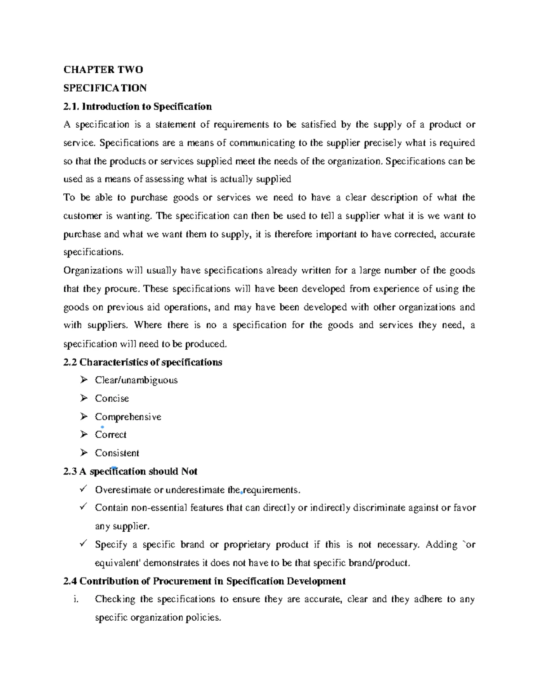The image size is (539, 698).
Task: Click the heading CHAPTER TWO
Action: coord(103,70)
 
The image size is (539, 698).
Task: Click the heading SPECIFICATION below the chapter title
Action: coord(105,88)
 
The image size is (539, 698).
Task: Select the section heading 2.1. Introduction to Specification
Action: coord(137,107)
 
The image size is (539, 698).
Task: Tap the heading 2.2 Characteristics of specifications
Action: coord(143,362)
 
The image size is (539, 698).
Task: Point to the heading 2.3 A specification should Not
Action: coord(130,471)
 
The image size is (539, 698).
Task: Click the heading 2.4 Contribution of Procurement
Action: coord(204,581)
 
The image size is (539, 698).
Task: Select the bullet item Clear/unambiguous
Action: coord(136,380)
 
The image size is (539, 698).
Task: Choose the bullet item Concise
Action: coord(112,399)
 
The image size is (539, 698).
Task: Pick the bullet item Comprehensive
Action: coord(128,417)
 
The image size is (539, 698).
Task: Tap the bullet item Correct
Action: coord(110,435)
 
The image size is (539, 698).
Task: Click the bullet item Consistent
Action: coord(117,453)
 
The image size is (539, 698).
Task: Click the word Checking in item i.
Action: coord(115,600)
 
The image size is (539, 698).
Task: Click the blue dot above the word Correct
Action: coord(103,427)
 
